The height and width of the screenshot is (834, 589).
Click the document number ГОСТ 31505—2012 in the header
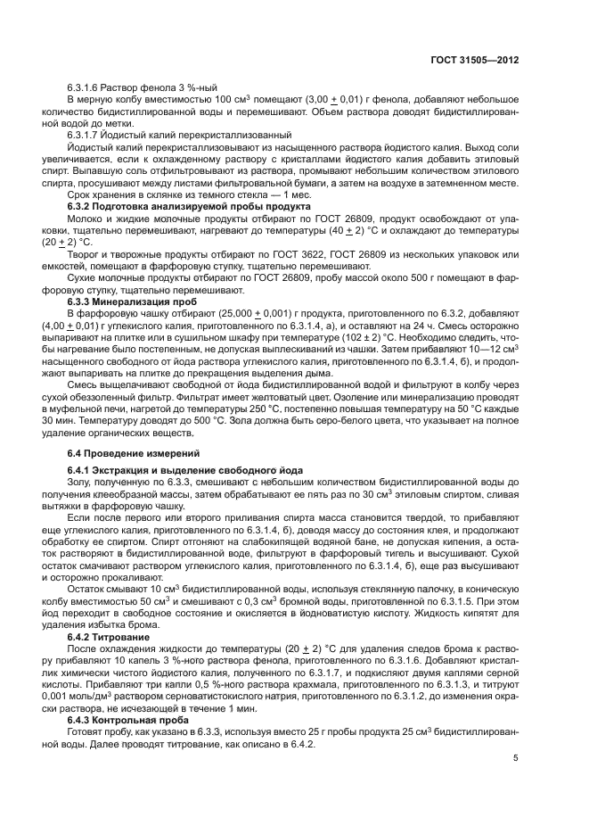coord(475,59)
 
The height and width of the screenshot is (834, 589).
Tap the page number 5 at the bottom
coord(516,757)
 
